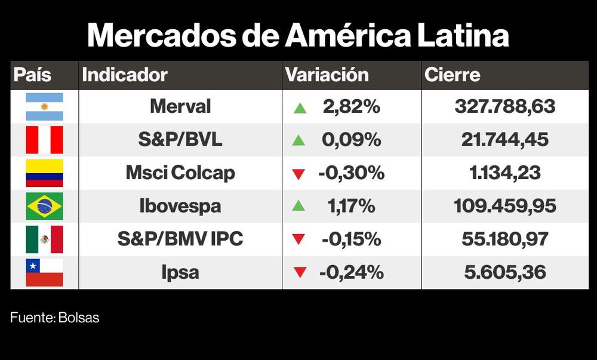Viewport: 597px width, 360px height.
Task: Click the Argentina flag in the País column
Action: (x=44, y=107)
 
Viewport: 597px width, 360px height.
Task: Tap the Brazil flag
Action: (x=44, y=206)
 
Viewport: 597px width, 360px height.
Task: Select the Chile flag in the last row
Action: (x=44, y=272)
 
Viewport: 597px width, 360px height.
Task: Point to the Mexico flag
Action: (x=44, y=239)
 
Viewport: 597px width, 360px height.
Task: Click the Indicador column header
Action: (x=125, y=75)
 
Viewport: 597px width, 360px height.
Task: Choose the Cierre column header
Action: (x=452, y=75)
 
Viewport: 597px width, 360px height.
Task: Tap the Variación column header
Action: (x=327, y=75)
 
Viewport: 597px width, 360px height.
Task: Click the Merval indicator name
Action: (x=180, y=107)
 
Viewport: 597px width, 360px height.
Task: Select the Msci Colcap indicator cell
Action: (x=180, y=173)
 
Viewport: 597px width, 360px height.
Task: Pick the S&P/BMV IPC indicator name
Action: (x=180, y=239)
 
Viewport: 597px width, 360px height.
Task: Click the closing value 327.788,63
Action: (x=505, y=107)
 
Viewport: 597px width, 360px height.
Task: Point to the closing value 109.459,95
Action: (x=505, y=206)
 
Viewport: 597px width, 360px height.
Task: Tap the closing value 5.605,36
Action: (x=505, y=272)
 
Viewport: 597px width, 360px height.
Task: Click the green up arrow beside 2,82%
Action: (x=299, y=108)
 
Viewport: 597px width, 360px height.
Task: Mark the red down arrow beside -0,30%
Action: (x=299, y=174)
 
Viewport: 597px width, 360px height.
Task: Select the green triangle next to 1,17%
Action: (x=299, y=207)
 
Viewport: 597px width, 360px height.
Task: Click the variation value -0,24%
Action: (x=351, y=272)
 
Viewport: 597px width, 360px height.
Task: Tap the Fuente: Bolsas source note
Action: (x=54, y=318)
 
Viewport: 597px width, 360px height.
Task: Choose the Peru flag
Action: (x=44, y=140)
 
